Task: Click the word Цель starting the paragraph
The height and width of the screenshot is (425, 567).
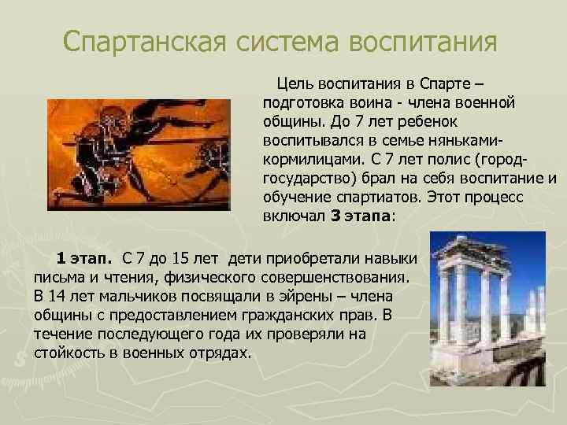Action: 291,85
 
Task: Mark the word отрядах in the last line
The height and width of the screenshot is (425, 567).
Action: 224,352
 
